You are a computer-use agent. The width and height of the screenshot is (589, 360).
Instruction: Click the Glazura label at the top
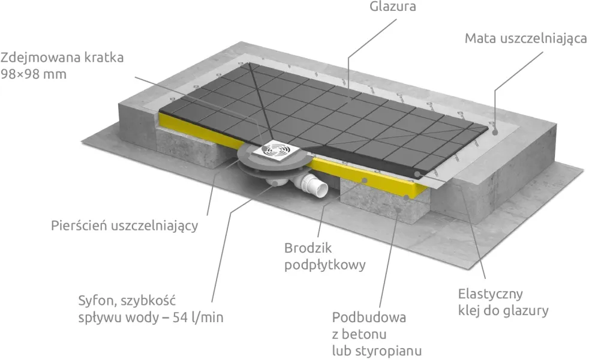pos(392,7)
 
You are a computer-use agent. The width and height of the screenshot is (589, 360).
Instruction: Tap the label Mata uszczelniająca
pos(525,39)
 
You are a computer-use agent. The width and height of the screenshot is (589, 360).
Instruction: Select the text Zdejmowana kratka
pos(62,58)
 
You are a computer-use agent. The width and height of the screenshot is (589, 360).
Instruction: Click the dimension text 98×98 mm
pos(34,74)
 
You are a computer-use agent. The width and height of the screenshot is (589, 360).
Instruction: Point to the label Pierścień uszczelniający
pos(124,226)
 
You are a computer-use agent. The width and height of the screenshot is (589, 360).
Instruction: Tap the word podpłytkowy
pos(325,265)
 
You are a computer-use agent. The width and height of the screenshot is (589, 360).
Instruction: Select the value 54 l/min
pos(198,317)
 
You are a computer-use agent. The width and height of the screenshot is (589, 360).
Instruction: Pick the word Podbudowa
pos(369,317)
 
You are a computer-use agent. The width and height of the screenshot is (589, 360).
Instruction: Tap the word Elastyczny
pos(490,294)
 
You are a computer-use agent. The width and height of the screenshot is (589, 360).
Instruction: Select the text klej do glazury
pos(503,310)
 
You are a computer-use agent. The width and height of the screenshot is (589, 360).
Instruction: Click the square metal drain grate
pos(276,151)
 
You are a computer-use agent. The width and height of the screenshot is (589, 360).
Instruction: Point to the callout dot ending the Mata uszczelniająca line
pos(495,132)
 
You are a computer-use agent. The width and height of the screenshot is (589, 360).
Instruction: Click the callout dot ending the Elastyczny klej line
pos(417,175)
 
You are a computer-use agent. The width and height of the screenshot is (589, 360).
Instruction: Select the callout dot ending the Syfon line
pos(277,184)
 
